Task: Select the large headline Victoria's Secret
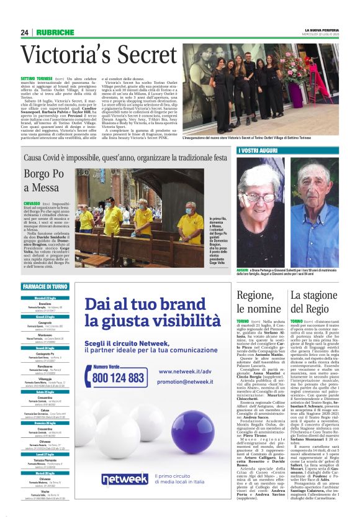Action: [x=91, y=56]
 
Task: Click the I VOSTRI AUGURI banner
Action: [x=259, y=151]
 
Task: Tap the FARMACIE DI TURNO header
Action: [x=45, y=287]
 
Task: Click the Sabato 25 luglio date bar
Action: [x=45, y=392]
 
